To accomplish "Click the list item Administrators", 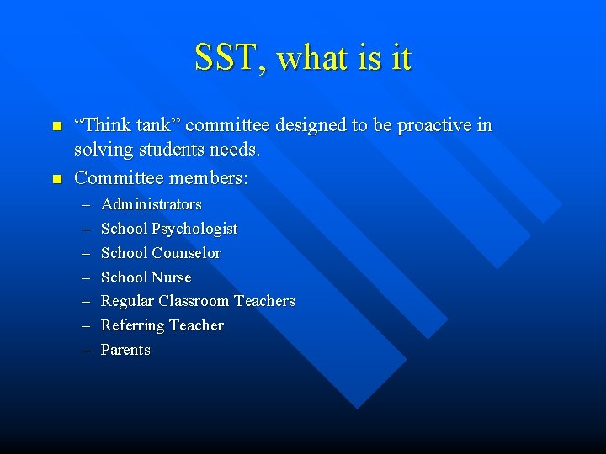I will [151, 204].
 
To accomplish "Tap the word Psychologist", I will [194, 229].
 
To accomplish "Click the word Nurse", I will [172, 277].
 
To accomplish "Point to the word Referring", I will [131, 325].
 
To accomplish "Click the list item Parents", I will [125, 350].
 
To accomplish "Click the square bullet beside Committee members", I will [56, 179].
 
